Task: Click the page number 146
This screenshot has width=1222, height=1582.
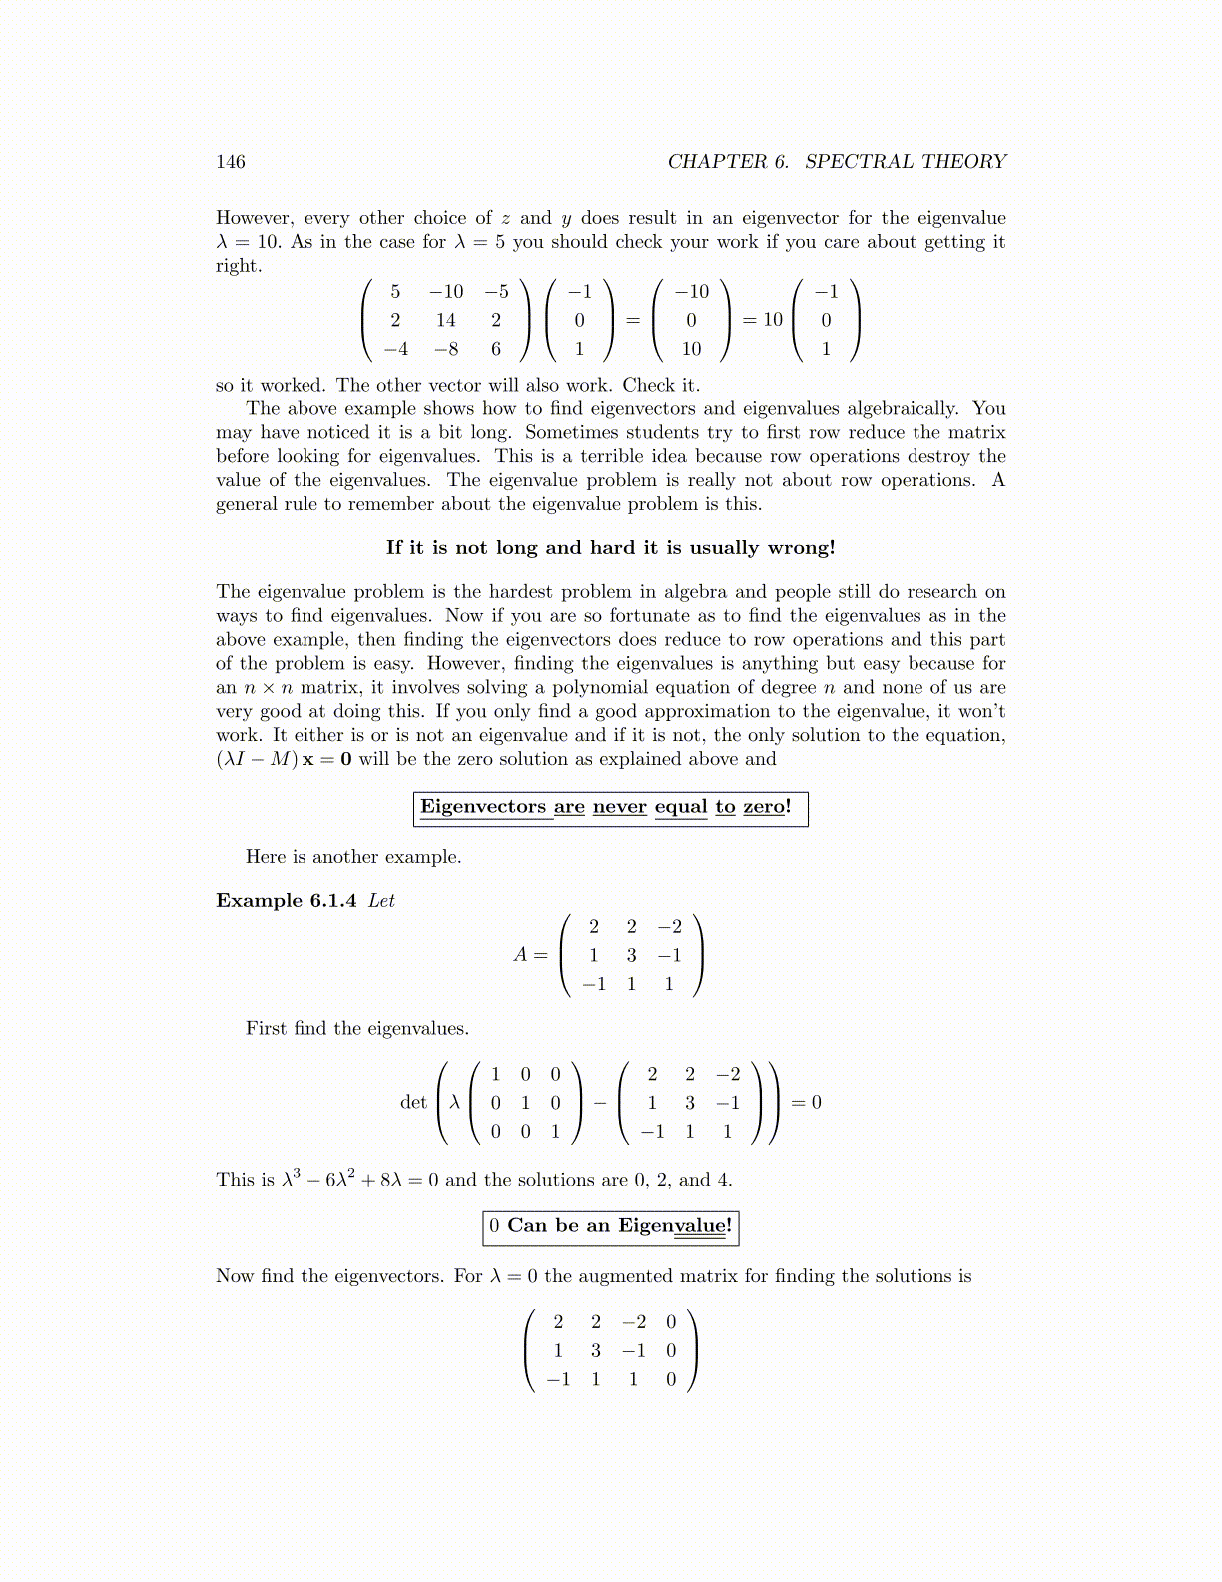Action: (231, 162)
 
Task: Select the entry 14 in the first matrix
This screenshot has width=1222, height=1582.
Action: (445, 320)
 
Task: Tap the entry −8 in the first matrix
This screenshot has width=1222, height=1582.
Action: (445, 349)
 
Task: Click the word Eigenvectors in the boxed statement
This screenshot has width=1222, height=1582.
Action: (483, 807)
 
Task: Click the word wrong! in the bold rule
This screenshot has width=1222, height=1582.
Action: (801, 547)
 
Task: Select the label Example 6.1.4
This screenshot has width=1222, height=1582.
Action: (286, 900)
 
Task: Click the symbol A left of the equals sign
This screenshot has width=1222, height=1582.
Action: (520, 955)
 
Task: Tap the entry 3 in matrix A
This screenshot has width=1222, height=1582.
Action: (631, 955)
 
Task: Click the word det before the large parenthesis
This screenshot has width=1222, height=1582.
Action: (413, 1102)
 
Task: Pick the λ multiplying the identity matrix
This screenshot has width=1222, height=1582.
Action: (455, 1102)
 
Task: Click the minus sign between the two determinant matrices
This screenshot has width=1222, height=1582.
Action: (599, 1103)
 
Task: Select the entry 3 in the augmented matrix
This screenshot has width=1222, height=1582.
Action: (596, 1350)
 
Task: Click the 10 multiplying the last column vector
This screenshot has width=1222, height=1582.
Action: (773, 320)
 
